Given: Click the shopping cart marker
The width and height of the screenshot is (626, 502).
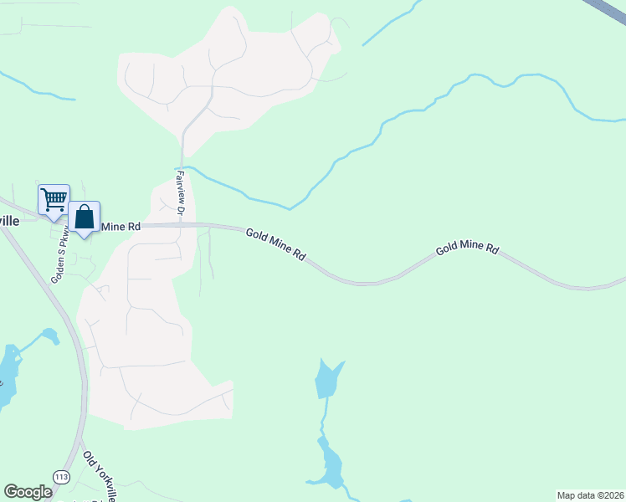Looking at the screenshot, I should pyautogui.click(x=54, y=200).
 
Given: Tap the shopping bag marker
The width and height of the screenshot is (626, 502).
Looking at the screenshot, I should pyautogui.click(x=85, y=218).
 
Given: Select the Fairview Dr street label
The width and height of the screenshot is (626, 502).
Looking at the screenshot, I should pyautogui.click(x=179, y=192).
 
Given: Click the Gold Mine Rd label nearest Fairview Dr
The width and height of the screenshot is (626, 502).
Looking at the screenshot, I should pyautogui.click(x=275, y=245).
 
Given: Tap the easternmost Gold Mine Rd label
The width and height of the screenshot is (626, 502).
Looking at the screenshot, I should pyautogui.click(x=467, y=249).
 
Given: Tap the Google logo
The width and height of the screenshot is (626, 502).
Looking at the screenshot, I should pyautogui.click(x=28, y=492).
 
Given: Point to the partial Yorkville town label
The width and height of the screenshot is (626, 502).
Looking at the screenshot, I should pyautogui.click(x=8, y=220).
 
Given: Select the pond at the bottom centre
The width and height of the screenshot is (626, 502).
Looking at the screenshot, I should pyautogui.click(x=330, y=464).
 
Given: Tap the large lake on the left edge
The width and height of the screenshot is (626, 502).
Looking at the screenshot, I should pyautogui.click(x=7, y=376).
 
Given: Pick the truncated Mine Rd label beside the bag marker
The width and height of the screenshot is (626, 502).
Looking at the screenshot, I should pyautogui.click(x=121, y=227).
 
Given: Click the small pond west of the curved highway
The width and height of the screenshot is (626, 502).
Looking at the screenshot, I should pyautogui.click(x=51, y=336).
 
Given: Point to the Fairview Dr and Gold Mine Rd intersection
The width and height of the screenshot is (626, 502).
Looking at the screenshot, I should pyautogui.click(x=180, y=224).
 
